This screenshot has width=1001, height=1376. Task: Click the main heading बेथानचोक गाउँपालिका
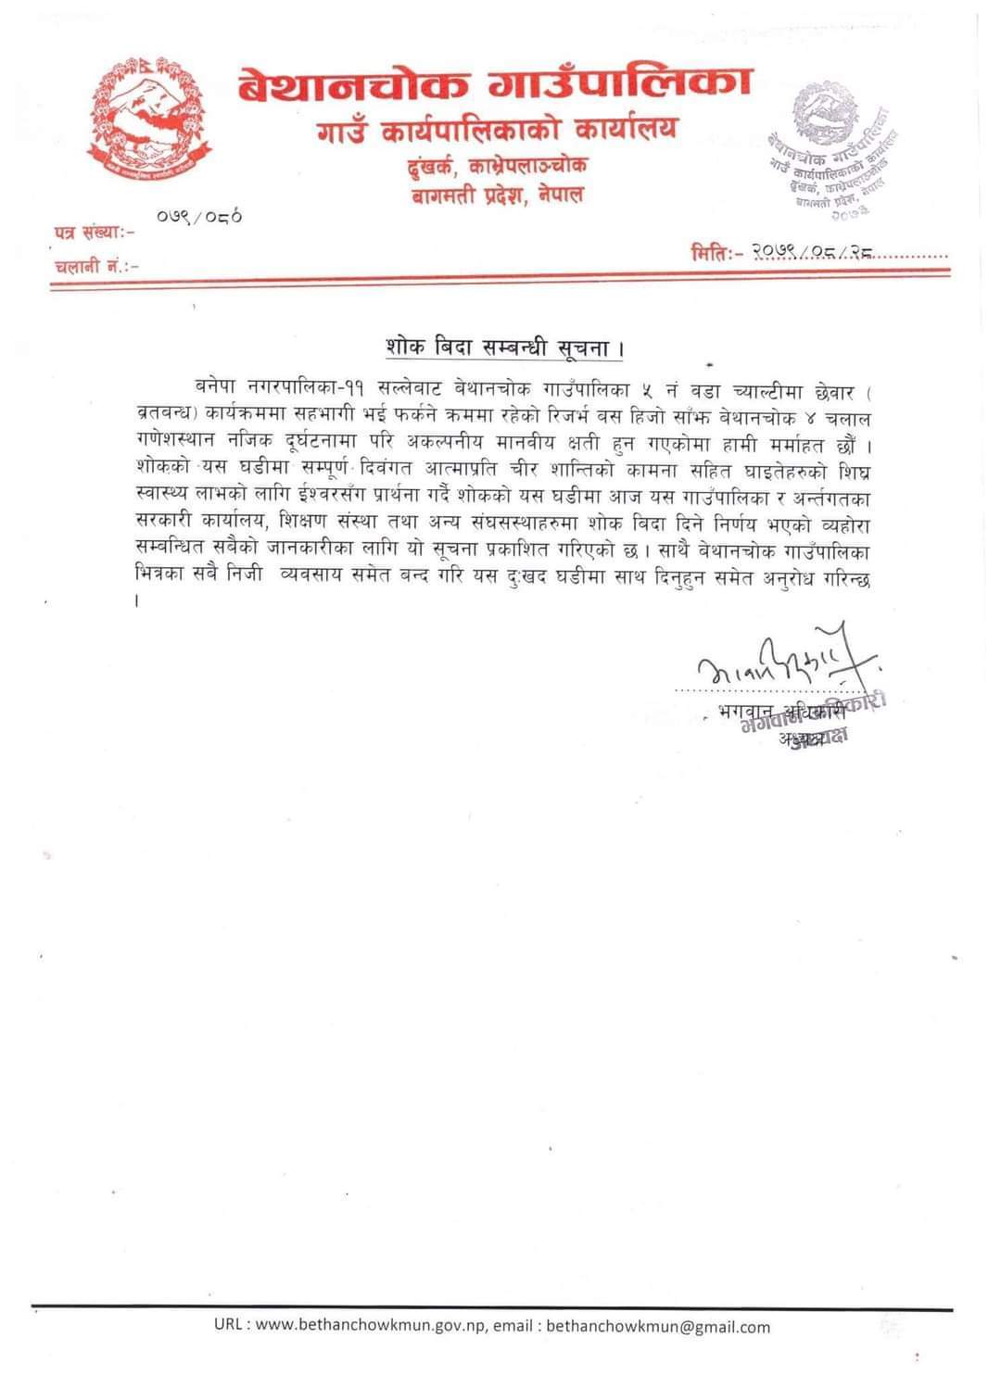[494, 86]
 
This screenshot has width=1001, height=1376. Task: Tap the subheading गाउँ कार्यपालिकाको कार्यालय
[493, 131]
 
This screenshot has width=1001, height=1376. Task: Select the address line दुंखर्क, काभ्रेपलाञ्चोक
[498, 168]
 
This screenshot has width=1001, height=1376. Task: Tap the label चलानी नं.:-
[96, 265]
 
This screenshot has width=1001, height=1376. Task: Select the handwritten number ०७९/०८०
[199, 219]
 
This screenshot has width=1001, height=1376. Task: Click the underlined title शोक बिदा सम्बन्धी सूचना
[503, 349]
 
